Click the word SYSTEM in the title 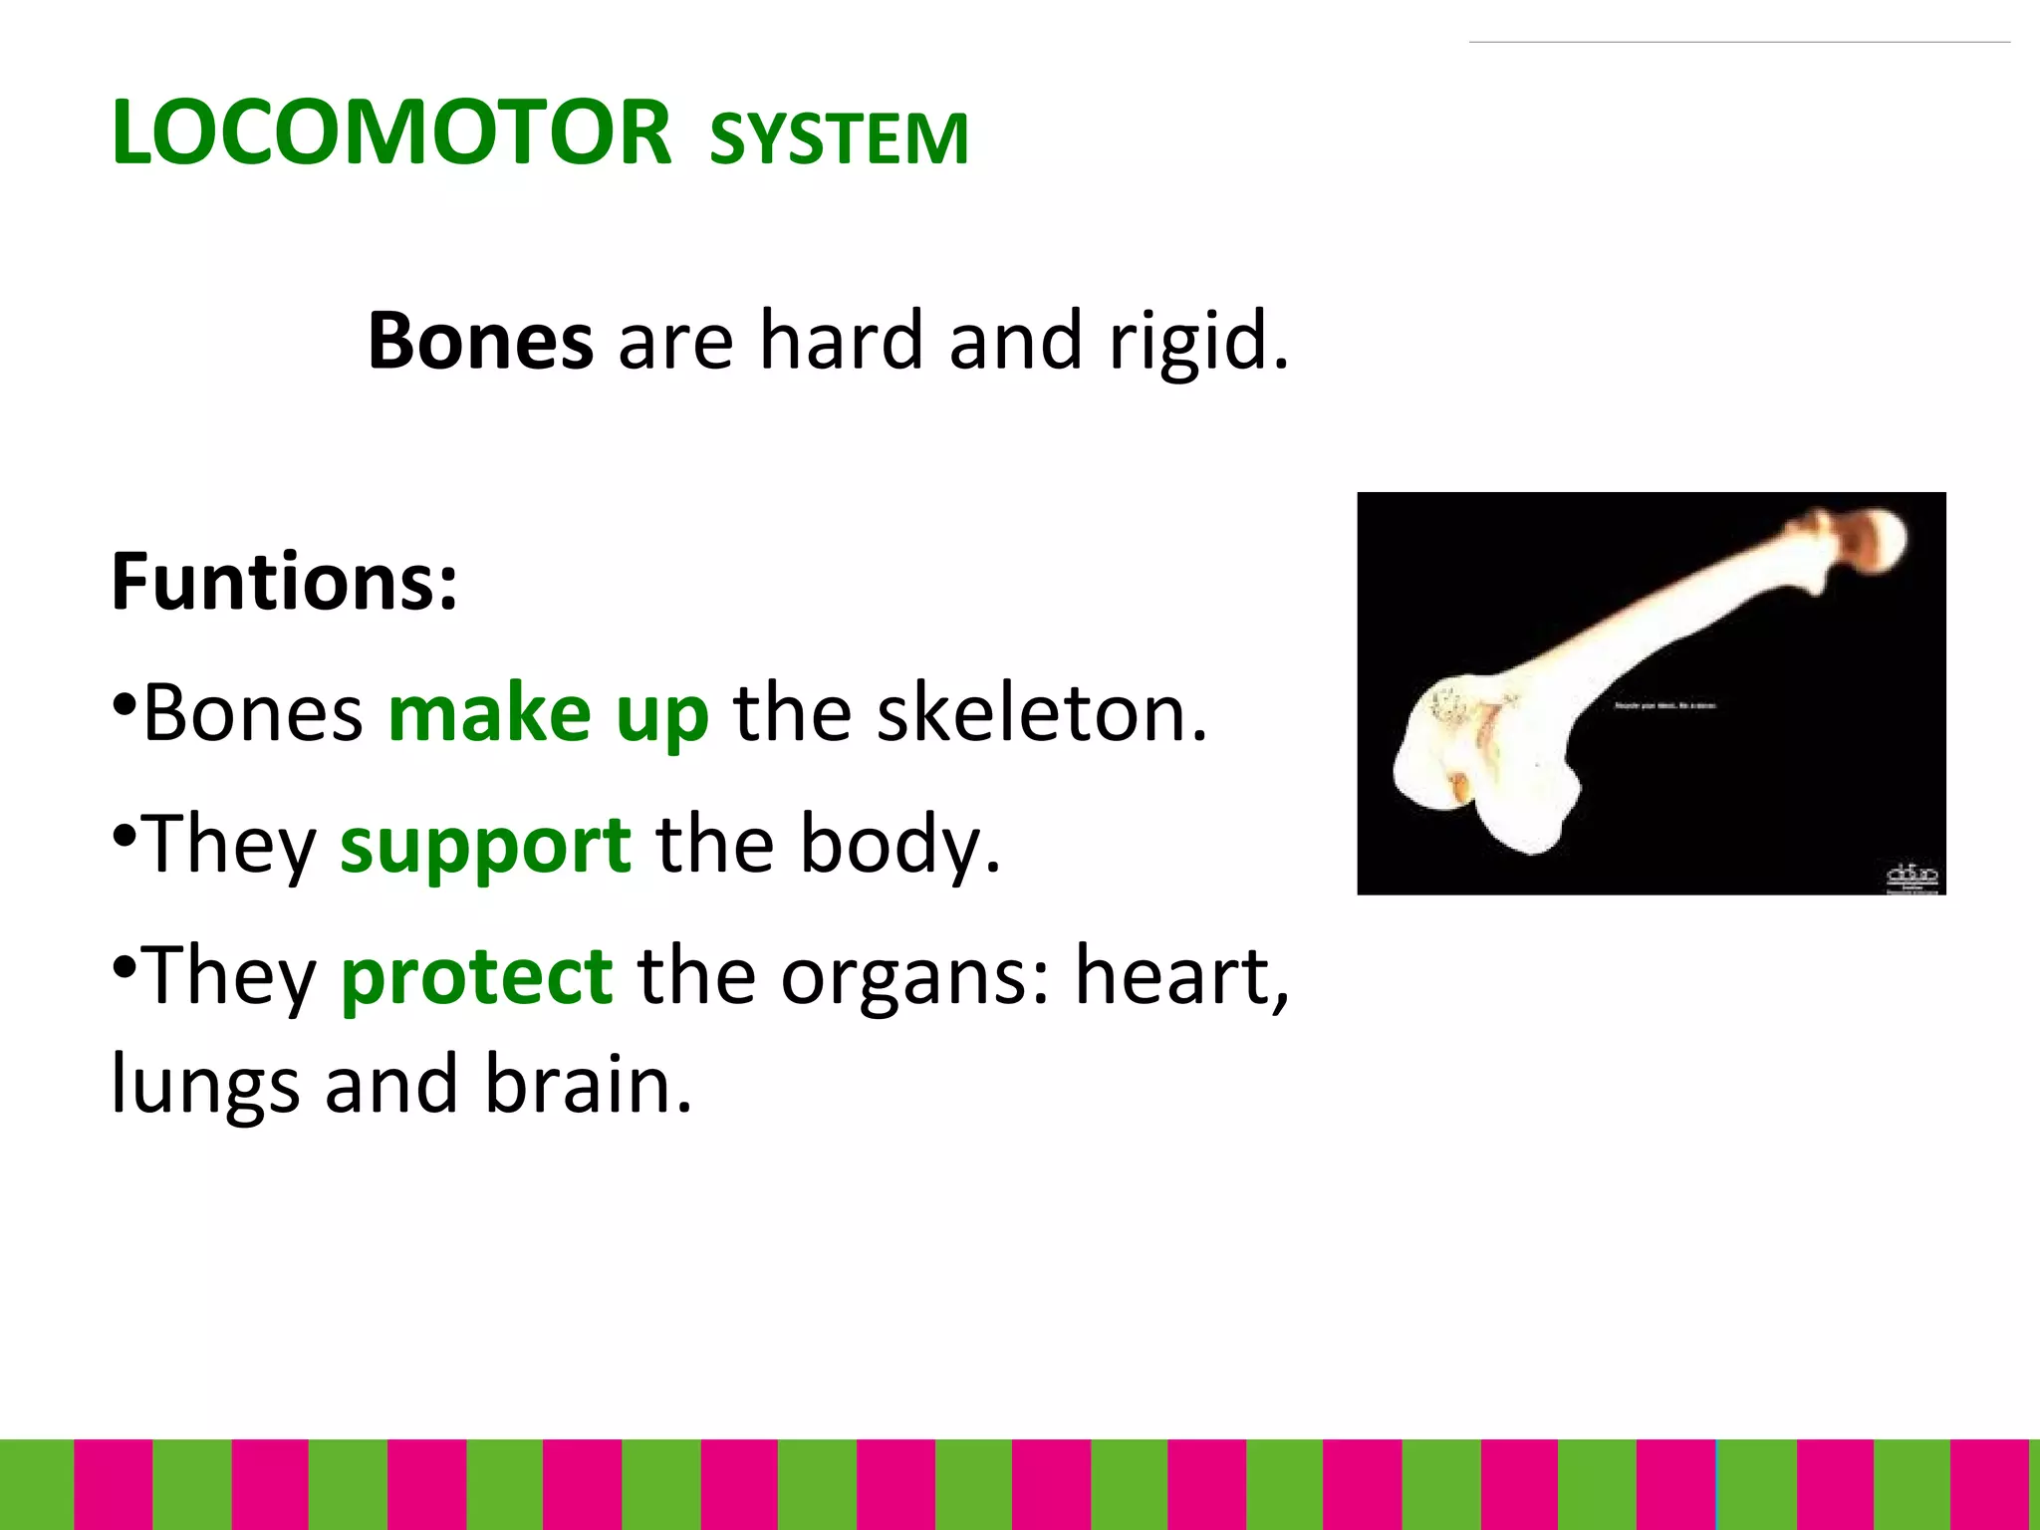click(x=838, y=138)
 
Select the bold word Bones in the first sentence click(x=480, y=341)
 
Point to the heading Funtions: click(x=285, y=582)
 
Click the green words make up click(x=548, y=713)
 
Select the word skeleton click(x=1041, y=713)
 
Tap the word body click(x=899, y=845)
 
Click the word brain click(x=587, y=1084)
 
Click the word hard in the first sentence click(x=841, y=341)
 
